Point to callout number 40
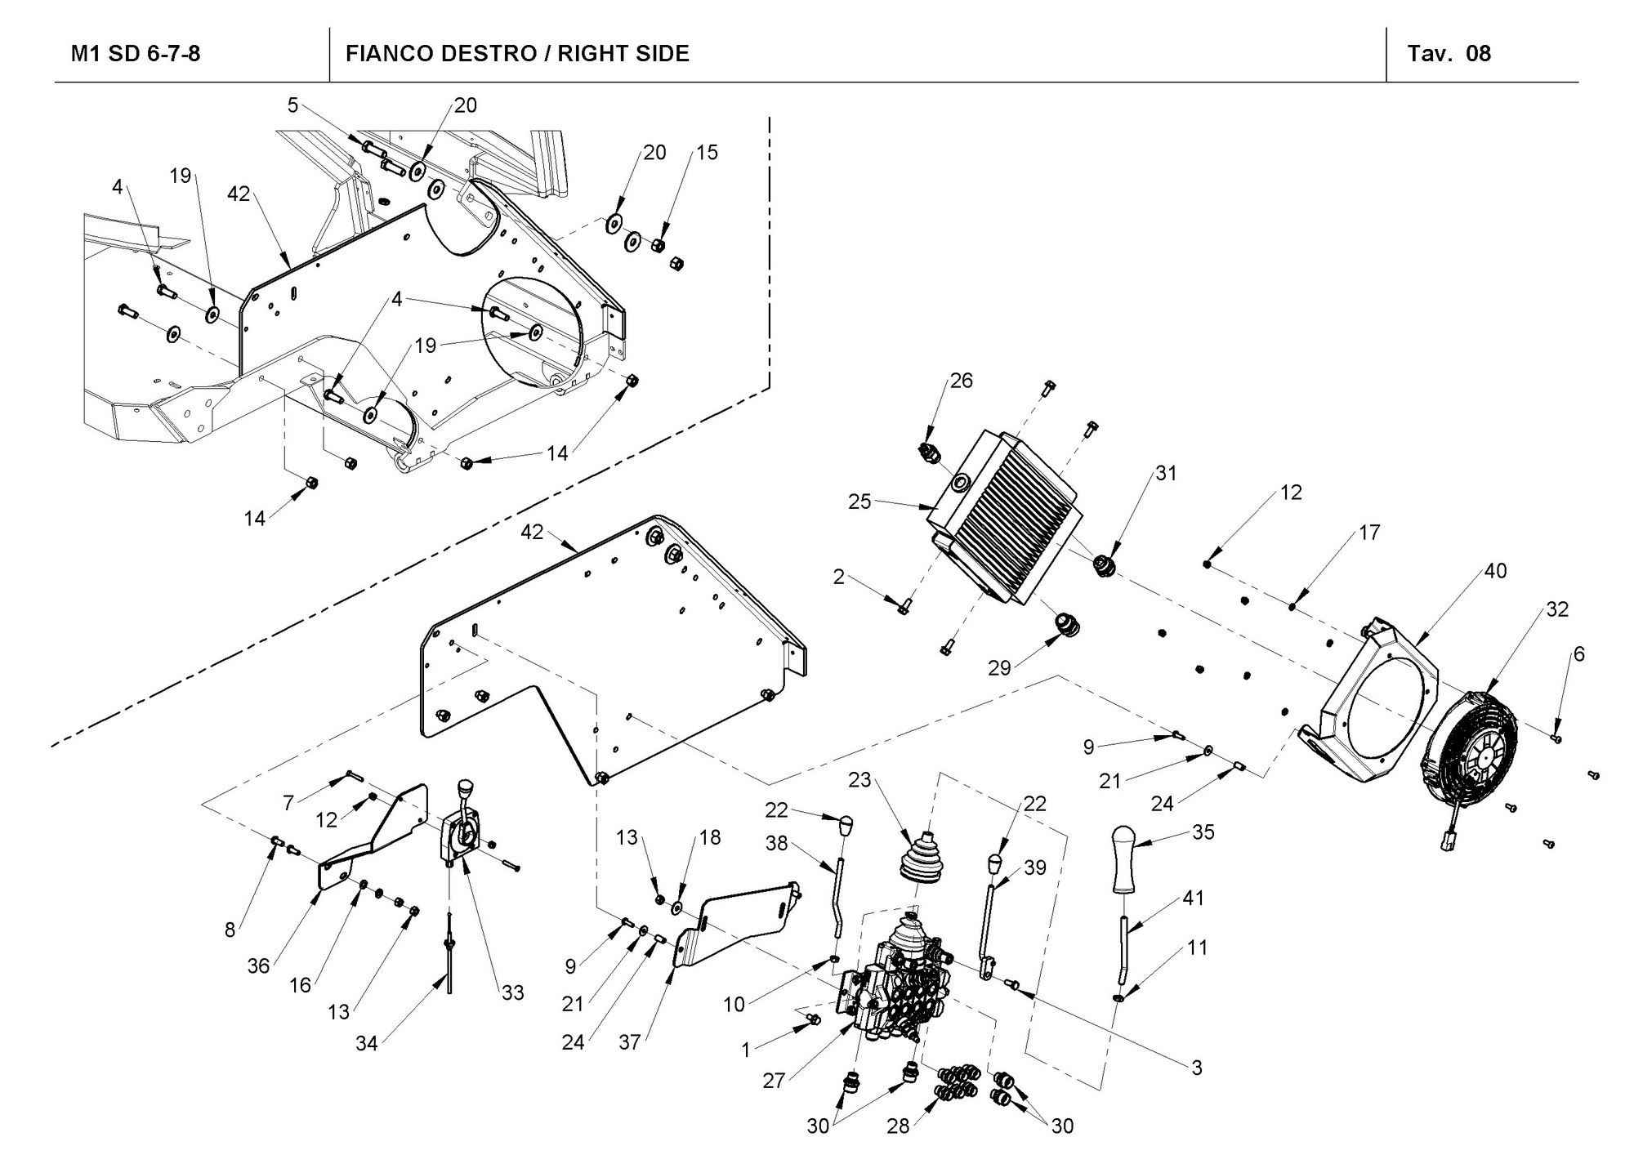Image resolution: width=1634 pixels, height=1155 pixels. (1495, 570)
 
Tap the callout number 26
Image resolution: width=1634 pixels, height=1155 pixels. (962, 381)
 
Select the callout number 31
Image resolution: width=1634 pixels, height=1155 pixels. (1166, 473)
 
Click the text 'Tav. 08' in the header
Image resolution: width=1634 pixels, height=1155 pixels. (1449, 54)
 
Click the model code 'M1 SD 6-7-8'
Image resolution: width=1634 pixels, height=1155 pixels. (136, 54)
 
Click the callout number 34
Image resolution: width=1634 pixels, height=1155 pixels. (366, 1043)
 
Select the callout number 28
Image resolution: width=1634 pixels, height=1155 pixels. (898, 1126)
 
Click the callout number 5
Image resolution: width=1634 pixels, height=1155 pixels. (292, 105)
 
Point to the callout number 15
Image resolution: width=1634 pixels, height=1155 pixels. (707, 152)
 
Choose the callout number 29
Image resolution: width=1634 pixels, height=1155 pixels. (999, 668)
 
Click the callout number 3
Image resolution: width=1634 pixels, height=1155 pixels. (1197, 1068)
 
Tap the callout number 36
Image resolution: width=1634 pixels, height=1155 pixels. (258, 966)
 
